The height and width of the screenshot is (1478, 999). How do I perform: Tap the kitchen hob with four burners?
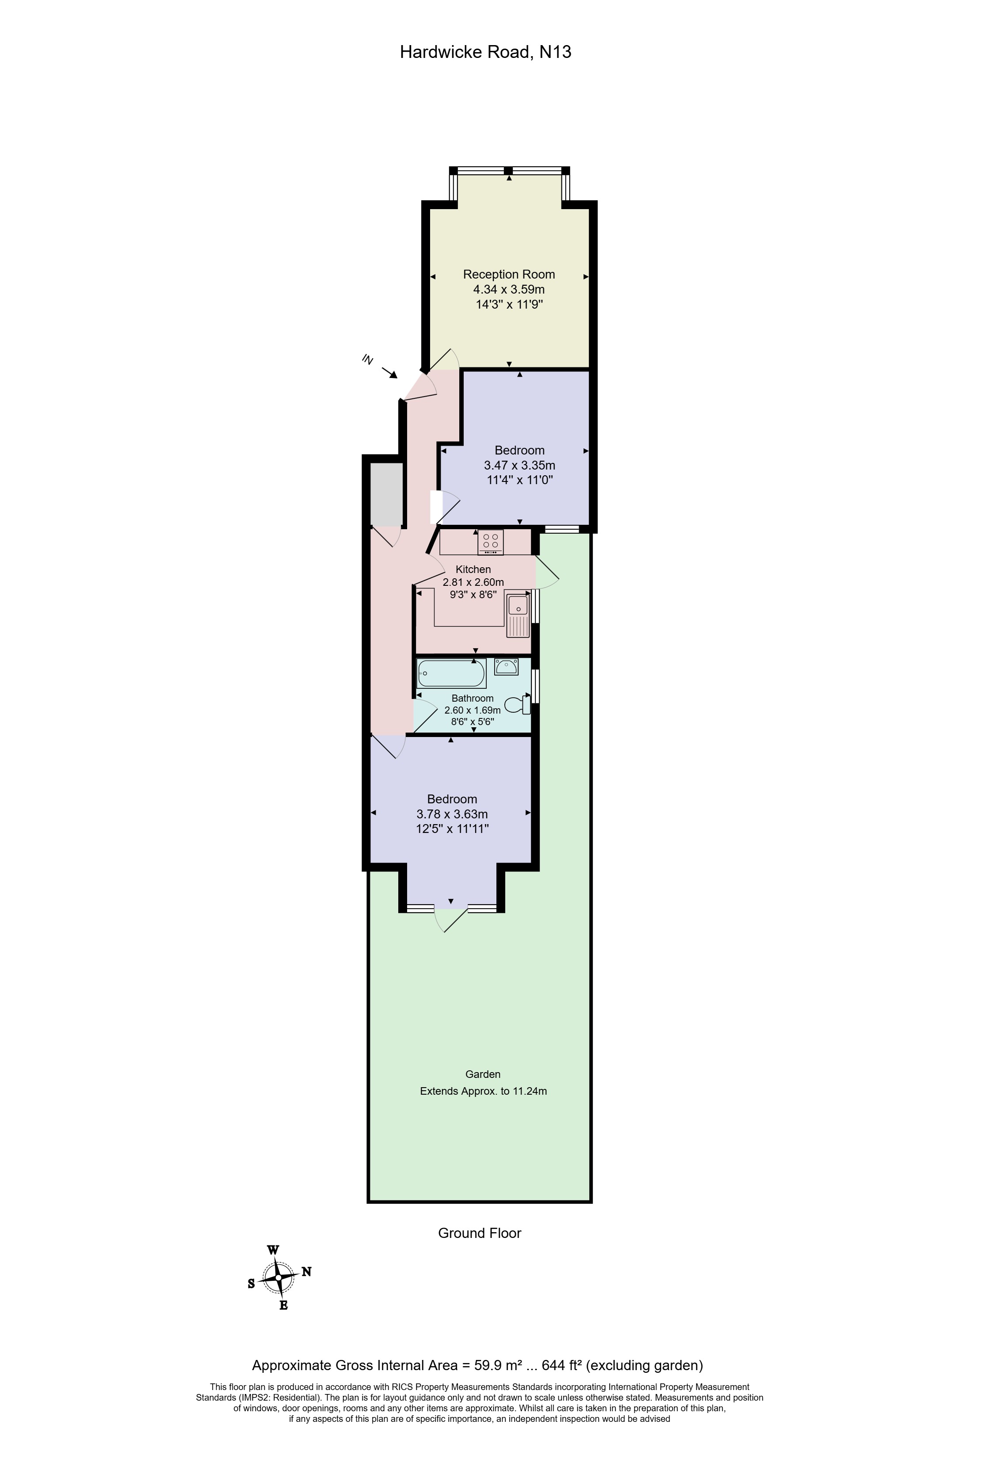(x=490, y=541)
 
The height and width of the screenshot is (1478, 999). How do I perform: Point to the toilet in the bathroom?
(x=516, y=704)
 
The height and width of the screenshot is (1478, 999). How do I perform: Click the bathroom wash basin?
(x=506, y=667)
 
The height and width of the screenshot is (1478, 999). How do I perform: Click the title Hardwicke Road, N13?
(x=485, y=52)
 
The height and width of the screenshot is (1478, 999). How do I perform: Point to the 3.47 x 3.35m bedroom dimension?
(x=519, y=465)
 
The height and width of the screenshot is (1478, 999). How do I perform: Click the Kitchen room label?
(x=473, y=569)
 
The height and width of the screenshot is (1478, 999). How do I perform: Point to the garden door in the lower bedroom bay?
(x=451, y=918)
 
